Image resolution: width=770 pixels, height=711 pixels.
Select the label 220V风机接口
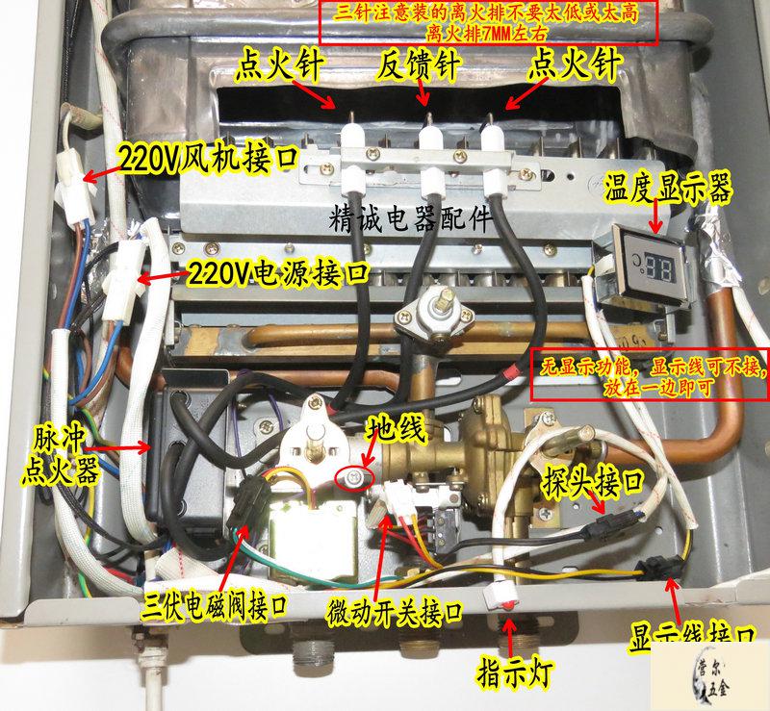tap(209, 159)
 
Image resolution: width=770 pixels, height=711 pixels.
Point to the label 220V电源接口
tap(277, 273)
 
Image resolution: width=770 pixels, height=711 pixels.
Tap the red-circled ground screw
tap(354, 477)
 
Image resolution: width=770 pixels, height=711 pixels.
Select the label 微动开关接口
tap(395, 613)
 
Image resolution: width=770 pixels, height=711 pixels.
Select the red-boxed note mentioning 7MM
tap(488, 22)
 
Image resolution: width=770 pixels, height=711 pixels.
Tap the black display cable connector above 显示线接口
tap(659, 567)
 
